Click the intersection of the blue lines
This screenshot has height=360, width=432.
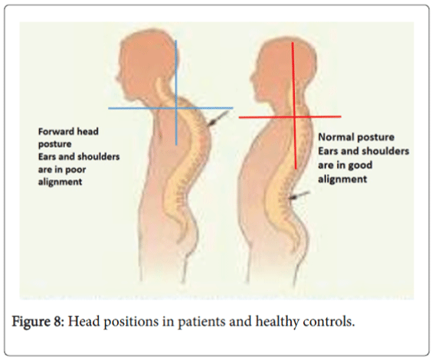(176, 108)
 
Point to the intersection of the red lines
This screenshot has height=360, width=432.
(294, 117)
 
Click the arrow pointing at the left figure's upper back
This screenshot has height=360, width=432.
(218, 119)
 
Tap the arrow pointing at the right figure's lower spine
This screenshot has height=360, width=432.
(299, 195)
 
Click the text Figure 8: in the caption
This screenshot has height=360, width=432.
(38, 322)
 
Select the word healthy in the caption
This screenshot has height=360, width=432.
(277, 322)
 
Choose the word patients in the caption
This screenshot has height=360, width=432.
(201, 322)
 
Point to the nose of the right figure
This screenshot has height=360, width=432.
(252, 77)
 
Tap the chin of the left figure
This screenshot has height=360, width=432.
(127, 98)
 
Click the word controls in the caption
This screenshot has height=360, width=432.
(326, 322)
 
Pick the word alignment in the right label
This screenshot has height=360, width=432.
(342, 179)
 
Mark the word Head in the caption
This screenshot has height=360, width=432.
(83, 322)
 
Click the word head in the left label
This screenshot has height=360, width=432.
(87, 132)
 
